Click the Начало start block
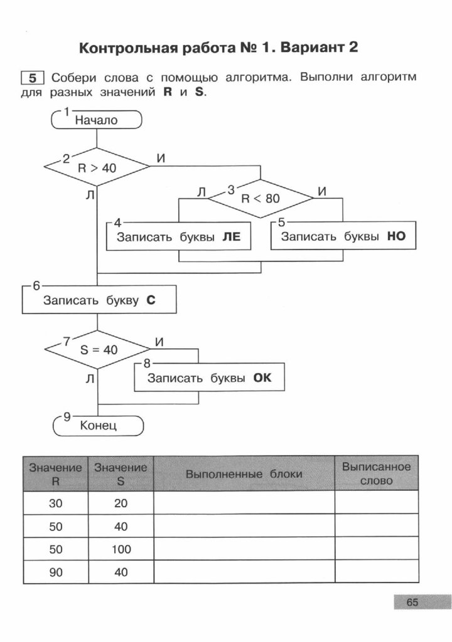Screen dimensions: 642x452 (x=96, y=120)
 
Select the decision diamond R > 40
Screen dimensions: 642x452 (x=97, y=167)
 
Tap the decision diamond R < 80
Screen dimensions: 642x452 (x=260, y=199)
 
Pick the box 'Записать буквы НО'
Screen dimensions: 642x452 (x=343, y=237)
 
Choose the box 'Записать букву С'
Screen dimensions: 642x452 (x=99, y=300)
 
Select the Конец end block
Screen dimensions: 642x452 (x=99, y=426)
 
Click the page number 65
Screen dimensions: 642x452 (x=412, y=603)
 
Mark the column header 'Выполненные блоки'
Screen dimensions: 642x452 (x=244, y=474)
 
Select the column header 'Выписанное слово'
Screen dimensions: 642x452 (x=376, y=474)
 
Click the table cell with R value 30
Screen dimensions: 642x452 (x=56, y=503)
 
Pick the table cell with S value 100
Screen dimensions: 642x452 (x=121, y=549)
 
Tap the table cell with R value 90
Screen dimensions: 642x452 (x=56, y=572)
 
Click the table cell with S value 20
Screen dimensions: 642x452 (x=121, y=503)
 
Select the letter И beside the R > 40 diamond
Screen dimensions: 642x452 (x=161, y=159)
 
